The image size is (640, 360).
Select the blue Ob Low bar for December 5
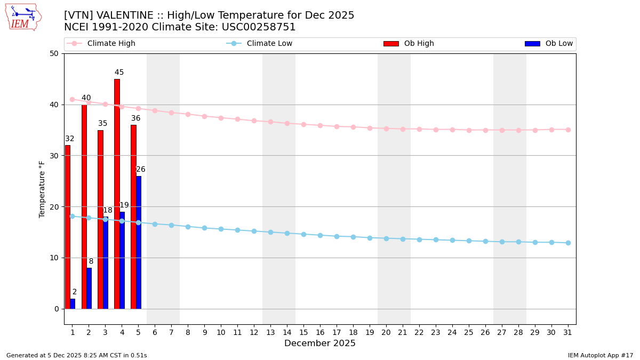coord(139,243)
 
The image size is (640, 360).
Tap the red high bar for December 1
coord(68,227)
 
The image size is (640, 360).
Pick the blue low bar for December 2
coord(89,288)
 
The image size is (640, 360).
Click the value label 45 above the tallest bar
coord(119,73)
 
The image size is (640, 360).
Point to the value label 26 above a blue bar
coord(141,170)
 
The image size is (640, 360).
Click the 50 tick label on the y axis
coord(54,53)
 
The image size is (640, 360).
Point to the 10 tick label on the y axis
coord(54,258)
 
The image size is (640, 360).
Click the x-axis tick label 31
coord(568,332)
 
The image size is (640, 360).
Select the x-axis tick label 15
coord(303,332)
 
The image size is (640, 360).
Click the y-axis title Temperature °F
coord(42,189)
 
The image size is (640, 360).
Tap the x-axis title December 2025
coord(319,343)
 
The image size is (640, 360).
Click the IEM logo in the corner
coord(23,17)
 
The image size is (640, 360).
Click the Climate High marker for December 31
coord(568,130)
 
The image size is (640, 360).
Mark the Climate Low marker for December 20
coord(386,238)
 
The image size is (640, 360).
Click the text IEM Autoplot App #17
coord(600,355)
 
